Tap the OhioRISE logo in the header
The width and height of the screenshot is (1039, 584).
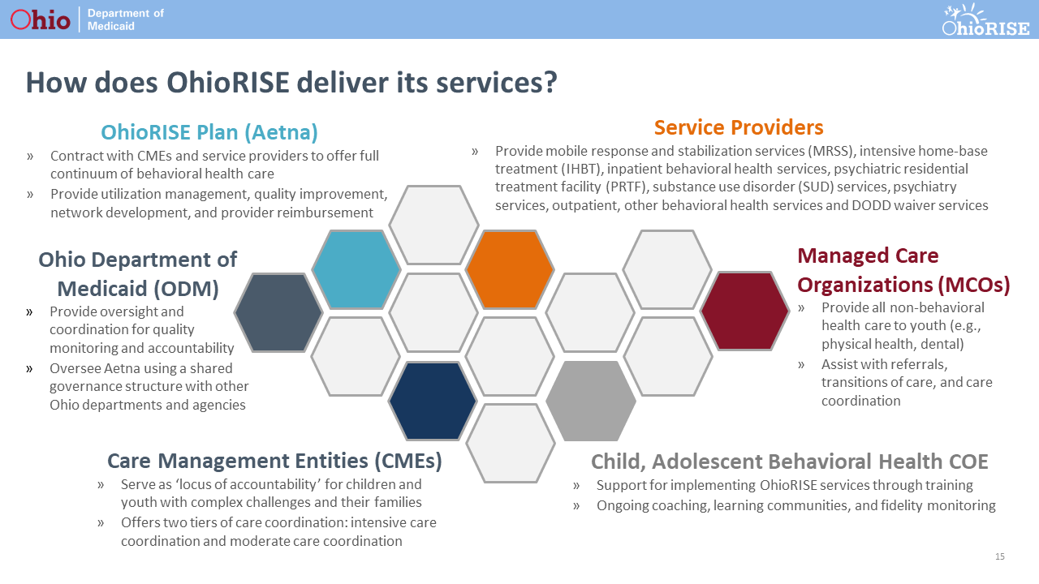[x=985, y=20]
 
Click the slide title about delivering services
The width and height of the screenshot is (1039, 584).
[x=291, y=83]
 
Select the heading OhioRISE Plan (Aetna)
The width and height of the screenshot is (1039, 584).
[x=209, y=132]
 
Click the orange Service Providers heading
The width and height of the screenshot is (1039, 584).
[x=738, y=127]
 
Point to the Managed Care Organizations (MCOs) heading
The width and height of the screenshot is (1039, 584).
[x=903, y=270]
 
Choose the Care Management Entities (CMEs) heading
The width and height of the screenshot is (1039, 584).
[x=274, y=461]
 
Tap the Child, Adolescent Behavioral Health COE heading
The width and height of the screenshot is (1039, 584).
[x=789, y=462]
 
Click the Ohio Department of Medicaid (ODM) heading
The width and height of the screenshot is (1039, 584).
[x=138, y=273]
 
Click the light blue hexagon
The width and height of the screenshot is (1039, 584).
[x=356, y=269]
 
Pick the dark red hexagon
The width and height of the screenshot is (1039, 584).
[x=744, y=311]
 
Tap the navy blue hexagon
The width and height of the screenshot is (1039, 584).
[x=433, y=401]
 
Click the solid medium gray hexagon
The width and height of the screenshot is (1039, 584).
[x=590, y=401]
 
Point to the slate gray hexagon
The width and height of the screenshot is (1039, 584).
[x=278, y=312]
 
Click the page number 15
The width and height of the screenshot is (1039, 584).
[x=999, y=556]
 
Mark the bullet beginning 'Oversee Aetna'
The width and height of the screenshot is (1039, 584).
[x=149, y=386]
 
